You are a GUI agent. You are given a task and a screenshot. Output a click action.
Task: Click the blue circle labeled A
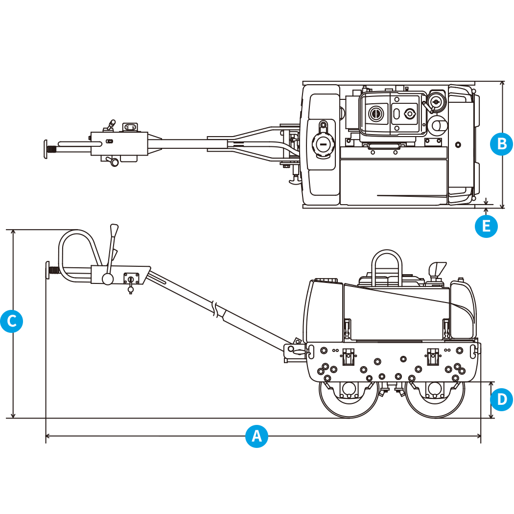(257, 435)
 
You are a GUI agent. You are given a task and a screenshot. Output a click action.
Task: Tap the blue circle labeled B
(501, 143)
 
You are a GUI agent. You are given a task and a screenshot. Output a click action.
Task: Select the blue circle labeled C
(11, 321)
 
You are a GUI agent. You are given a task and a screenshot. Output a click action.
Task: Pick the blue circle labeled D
(501, 399)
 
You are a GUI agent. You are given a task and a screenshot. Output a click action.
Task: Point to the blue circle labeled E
(486, 226)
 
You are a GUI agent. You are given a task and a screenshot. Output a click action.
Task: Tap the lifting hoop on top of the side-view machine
(387, 264)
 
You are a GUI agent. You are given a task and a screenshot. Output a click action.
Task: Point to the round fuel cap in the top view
(323, 144)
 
